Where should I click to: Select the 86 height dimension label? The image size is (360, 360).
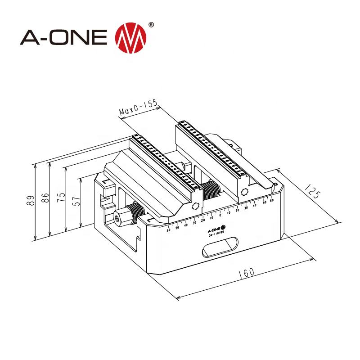click(x=44, y=198)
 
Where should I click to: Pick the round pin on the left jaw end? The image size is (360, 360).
click(x=195, y=206)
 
